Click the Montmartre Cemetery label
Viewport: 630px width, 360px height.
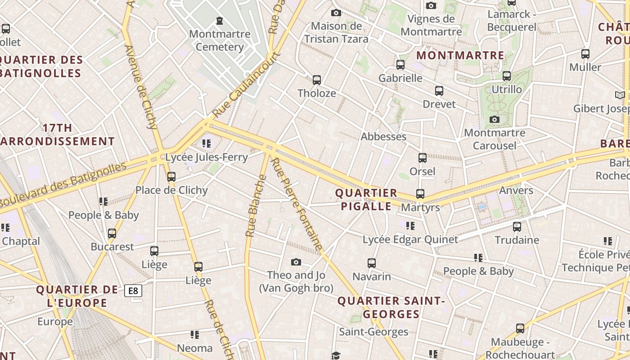pyautogui.click(x=220, y=40)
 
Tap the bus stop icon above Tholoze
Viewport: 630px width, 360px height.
pyautogui.click(x=317, y=80)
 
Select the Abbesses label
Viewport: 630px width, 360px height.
pyautogui.click(x=383, y=136)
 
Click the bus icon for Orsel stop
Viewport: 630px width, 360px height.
pyautogui.click(x=423, y=158)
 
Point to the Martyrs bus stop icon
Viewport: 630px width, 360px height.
pyautogui.click(x=420, y=194)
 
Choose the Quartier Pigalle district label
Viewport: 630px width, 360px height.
pyautogui.click(x=366, y=199)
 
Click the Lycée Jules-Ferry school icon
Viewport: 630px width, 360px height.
pyautogui.click(x=207, y=144)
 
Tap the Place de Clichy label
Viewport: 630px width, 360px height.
pyautogui.click(x=171, y=190)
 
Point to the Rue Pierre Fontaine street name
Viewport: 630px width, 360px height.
pyautogui.click(x=297, y=205)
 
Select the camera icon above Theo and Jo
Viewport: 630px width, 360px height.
pyautogui.click(x=296, y=262)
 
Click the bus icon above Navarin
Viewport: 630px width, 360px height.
pyautogui.click(x=372, y=263)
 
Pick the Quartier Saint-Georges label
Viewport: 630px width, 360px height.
pyautogui.click(x=391, y=307)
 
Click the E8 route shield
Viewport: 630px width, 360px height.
pyautogui.click(x=133, y=291)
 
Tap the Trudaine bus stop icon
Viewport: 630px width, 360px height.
pyautogui.click(x=517, y=227)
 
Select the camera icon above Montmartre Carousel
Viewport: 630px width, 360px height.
pyautogui.click(x=495, y=119)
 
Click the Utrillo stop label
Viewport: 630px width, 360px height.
pyautogui.click(x=507, y=89)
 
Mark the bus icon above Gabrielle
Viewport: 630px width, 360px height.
pyautogui.click(x=400, y=65)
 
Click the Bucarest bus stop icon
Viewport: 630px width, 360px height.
pyautogui.click(x=112, y=234)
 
